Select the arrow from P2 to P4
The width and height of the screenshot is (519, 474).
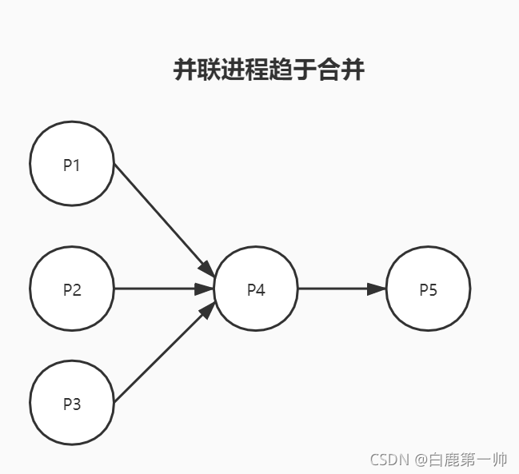pos(156,289)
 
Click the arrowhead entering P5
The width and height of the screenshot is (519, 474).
pos(377,289)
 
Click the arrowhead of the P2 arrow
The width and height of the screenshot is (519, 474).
pos(206,289)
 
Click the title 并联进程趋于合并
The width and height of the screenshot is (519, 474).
pos(269,70)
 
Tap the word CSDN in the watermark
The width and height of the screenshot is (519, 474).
pos(389,460)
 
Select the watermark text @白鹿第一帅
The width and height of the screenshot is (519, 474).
pos(460,460)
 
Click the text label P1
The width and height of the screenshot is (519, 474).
pos(72,165)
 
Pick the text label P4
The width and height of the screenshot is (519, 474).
pos(256,289)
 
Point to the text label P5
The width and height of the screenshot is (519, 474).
pos(428,289)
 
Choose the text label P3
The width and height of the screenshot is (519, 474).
pos(72,404)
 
